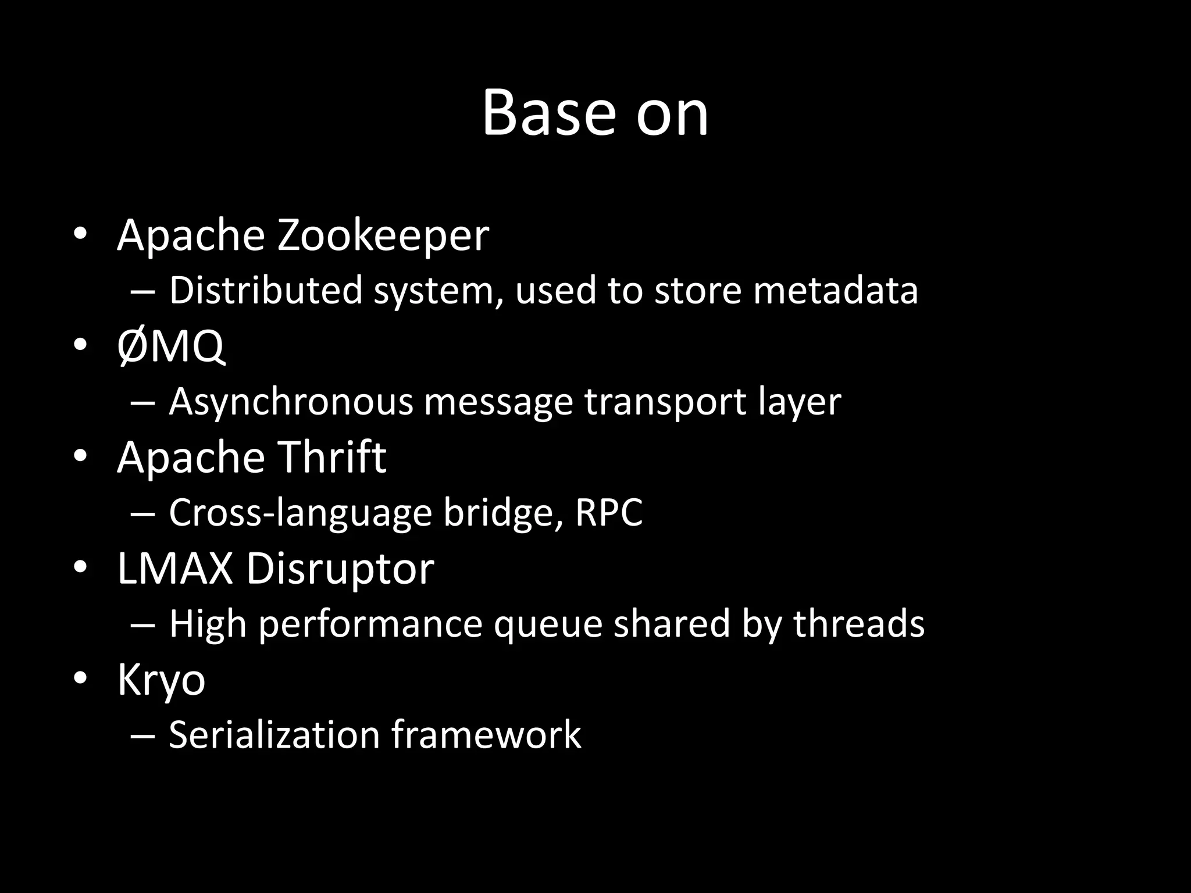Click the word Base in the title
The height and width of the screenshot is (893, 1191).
pos(548,113)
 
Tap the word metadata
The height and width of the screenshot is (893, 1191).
pos(835,290)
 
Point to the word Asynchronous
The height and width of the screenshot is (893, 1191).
pos(291,402)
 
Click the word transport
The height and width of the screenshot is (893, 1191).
pos(665,402)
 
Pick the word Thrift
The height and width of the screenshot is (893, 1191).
pos(331,457)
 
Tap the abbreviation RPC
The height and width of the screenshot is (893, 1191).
pos(608,513)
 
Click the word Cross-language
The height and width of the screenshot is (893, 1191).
pos(300,513)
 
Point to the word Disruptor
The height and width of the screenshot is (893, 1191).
pos(340,568)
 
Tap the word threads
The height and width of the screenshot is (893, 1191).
pos(858,623)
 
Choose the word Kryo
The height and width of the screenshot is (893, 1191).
pos(161,680)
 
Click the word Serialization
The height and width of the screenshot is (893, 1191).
pos(274,735)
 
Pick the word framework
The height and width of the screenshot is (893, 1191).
pos(486,735)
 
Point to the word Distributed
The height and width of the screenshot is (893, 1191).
pos(266,290)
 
